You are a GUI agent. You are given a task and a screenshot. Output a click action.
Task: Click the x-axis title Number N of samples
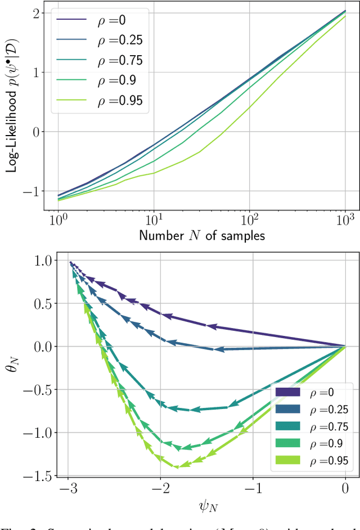(x=201, y=235)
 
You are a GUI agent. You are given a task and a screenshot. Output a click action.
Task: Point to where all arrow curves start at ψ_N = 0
(x=345, y=347)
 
